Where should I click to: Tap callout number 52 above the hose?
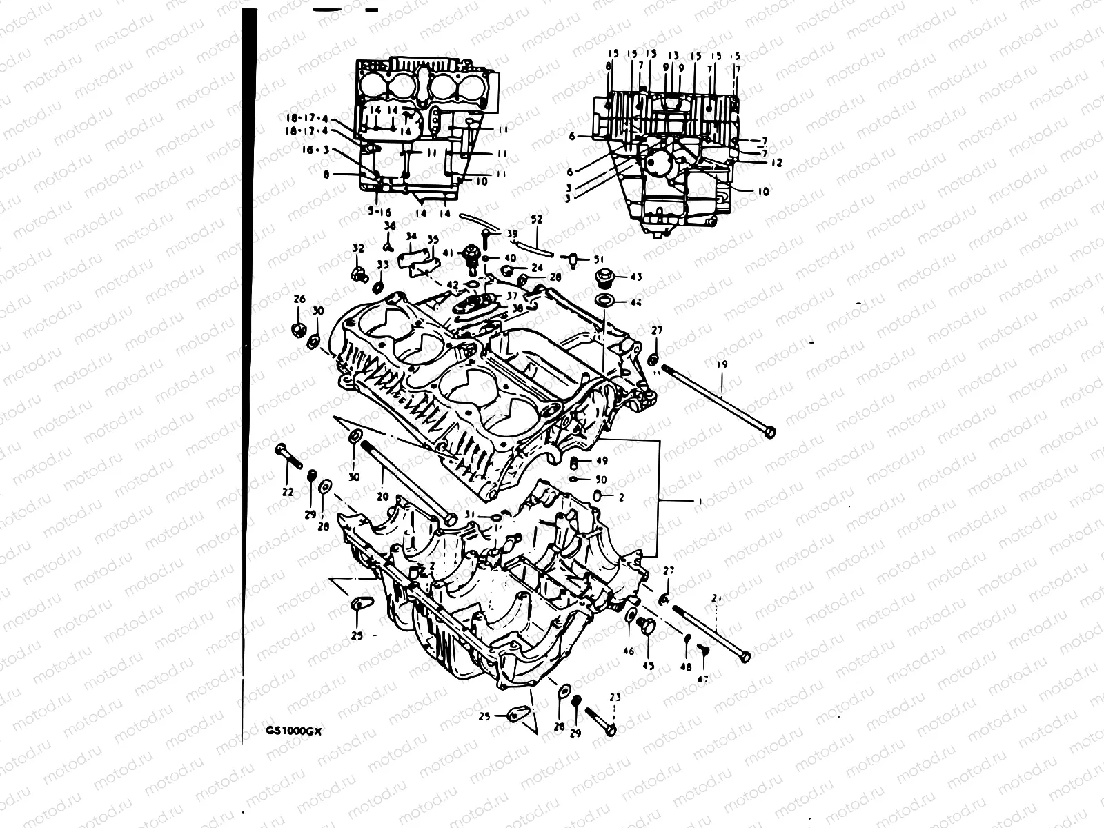[536, 219]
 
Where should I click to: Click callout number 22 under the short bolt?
[287, 492]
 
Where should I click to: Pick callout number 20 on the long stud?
[382, 495]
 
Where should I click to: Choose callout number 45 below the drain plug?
[649, 666]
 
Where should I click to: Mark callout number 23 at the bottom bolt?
[615, 698]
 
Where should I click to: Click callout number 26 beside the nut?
[299, 299]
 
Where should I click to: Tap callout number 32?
[357, 248]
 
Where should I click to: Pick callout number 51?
[598, 259]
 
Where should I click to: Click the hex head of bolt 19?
[769, 432]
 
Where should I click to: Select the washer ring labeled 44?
[605, 302]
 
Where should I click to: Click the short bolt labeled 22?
[289, 456]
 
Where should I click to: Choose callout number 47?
[702, 679]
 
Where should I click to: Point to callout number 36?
[390, 226]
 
